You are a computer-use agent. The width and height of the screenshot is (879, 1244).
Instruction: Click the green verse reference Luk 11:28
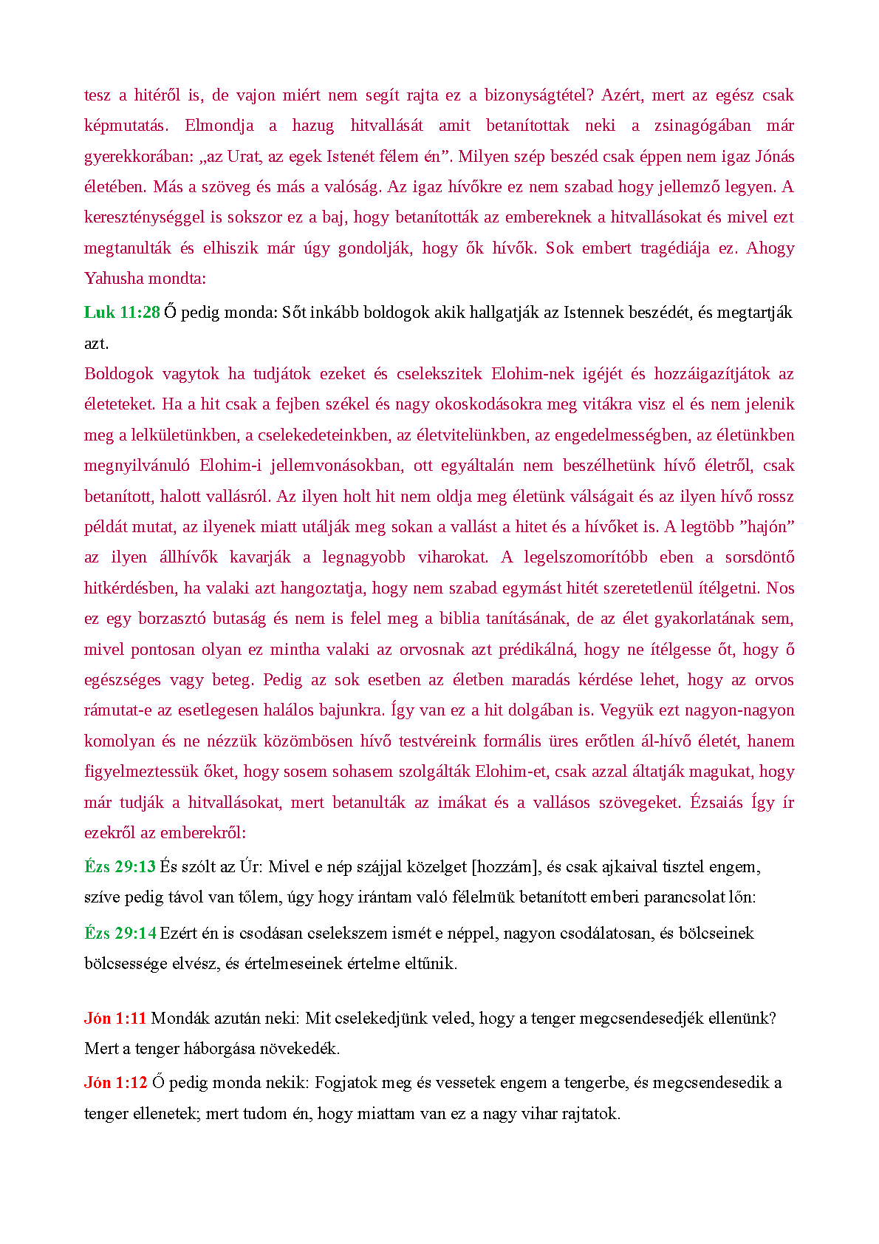[122, 313]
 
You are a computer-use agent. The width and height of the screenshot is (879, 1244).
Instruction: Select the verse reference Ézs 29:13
[120, 867]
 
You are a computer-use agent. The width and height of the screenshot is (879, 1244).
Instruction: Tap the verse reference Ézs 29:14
[120, 934]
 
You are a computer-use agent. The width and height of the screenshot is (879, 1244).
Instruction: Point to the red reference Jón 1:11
[115, 1019]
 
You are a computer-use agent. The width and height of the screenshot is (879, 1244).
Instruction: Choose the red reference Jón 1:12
[115, 1083]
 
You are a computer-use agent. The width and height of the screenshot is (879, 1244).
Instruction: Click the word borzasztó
[172, 619]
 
